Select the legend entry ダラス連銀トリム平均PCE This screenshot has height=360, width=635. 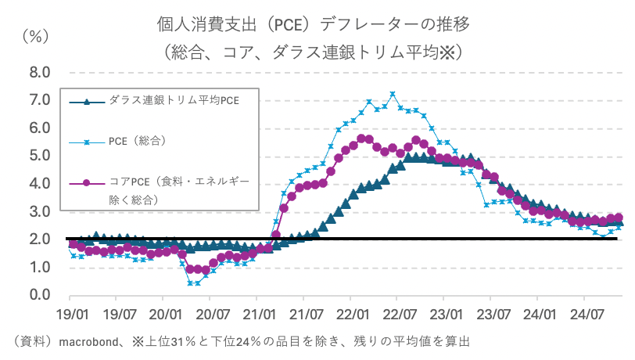174,101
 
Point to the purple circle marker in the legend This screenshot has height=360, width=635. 87,183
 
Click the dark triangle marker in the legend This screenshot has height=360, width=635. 87,101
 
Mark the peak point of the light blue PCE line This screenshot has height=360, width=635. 393,95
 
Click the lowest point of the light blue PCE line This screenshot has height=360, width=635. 190,283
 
